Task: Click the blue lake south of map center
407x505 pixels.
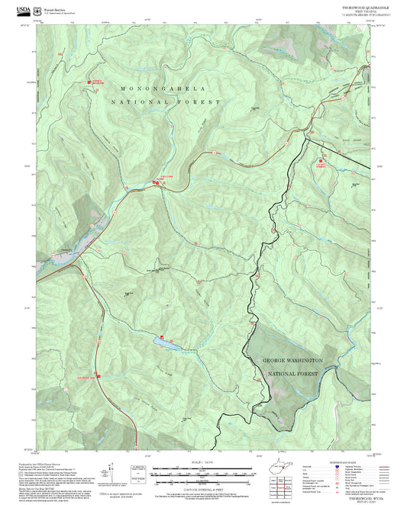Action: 167,343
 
